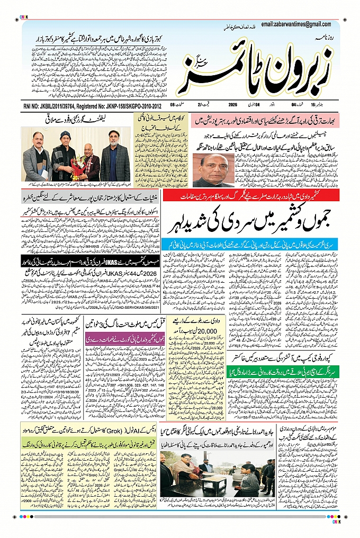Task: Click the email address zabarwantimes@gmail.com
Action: (296, 24)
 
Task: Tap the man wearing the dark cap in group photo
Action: (65, 154)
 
